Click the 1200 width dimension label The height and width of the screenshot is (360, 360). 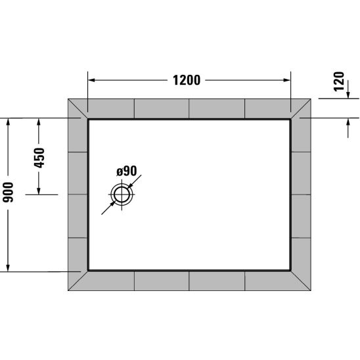click(187, 80)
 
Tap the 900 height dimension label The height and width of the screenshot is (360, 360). click(9, 192)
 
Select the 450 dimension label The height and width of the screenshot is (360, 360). click(39, 158)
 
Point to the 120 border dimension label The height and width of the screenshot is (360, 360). click(340, 81)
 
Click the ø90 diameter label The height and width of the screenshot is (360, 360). click(127, 171)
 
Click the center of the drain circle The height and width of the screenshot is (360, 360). click(122, 194)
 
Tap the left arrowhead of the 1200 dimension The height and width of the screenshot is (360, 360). click(91, 80)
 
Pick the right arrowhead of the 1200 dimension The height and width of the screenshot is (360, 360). click(287, 80)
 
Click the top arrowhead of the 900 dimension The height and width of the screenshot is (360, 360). click(8, 122)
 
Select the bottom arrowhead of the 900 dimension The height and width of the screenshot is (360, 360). click(8, 268)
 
